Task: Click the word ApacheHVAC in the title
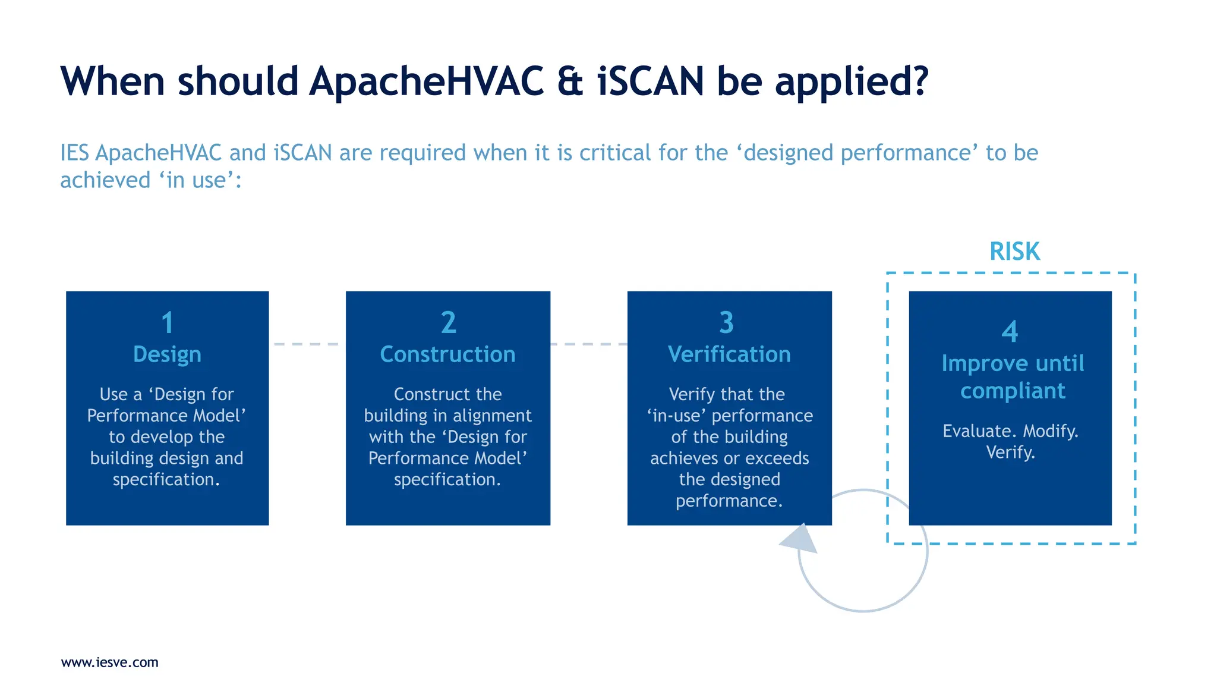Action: coord(426,81)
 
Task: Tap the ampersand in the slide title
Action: coord(570,81)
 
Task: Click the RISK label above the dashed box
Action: coord(1014,252)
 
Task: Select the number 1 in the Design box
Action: coord(168,323)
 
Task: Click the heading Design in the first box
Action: coord(167,354)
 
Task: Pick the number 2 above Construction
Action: coord(448,323)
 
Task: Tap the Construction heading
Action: coord(447,354)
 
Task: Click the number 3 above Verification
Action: coord(726,323)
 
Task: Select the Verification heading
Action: coord(729,354)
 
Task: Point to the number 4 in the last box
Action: coord(1010,332)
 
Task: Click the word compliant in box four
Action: coord(1013,391)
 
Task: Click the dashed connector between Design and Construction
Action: coord(307,344)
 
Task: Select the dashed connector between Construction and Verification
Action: coord(588,344)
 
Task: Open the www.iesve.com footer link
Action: coord(110,662)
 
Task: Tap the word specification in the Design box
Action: coord(166,480)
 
